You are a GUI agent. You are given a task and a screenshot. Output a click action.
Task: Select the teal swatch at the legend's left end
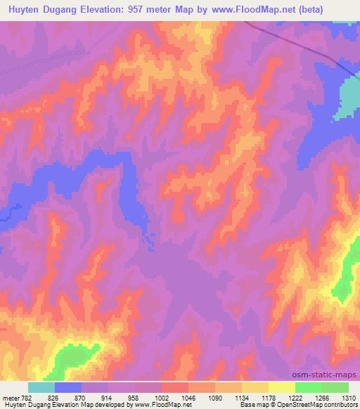[41, 387]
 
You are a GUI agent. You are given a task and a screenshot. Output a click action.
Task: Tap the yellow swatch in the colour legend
[281, 387]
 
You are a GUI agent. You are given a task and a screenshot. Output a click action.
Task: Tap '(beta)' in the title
[337, 10]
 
